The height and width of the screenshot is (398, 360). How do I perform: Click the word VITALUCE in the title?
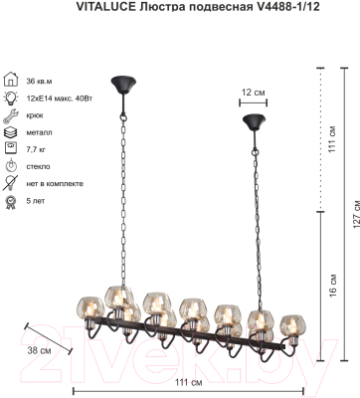tap(104, 7)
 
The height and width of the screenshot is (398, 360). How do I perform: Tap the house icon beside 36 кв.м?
tap(10, 80)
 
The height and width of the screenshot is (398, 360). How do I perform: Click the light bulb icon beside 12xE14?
tap(10, 98)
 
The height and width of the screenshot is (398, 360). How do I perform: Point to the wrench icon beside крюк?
tap(10, 115)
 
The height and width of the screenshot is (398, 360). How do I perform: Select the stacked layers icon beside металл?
tap(10, 132)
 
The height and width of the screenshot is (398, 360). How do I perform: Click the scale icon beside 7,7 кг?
tap(11, 149)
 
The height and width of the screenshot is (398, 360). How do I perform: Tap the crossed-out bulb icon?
tap(10, 183)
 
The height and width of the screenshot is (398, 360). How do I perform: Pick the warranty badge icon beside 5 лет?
tap(11, 201)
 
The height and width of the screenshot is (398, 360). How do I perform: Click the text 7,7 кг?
tap(36, 149)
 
